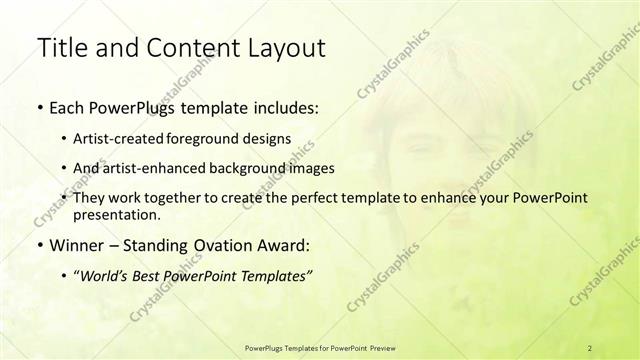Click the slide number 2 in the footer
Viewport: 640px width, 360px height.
(x=590, y=347)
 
